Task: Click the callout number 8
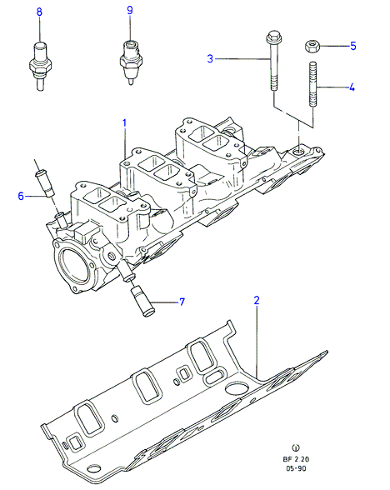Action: (39, 12)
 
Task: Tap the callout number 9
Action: (130, 10)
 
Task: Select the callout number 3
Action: (210, 58)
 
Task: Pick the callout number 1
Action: (125, 123)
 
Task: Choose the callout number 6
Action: (21, 196)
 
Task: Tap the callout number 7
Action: (182, 302)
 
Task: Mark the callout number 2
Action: (257, 300)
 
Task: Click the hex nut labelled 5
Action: (312, 47)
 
